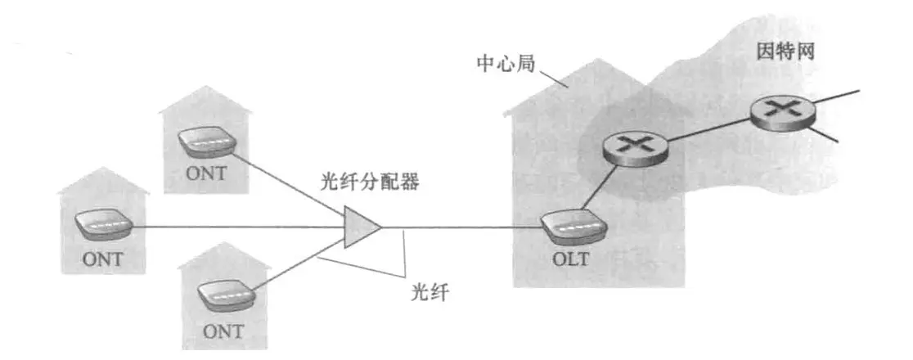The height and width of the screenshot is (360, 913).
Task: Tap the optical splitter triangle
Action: [360, 227]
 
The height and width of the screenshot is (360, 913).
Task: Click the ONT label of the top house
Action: [205, 174]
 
